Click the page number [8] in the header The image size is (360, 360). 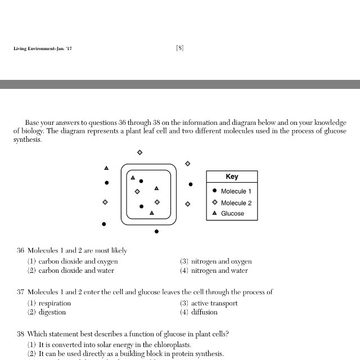(x=179, y=48)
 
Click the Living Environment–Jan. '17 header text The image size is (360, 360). (x=43, y=49)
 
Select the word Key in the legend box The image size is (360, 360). (x=232, y=177)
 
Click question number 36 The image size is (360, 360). (x=20, y=251)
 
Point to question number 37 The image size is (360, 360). (x=20, y=292)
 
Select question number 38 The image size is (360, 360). (x=20, y=334)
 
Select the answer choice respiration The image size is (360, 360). (x=55, y=303)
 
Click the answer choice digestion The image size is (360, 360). (x=52, y=312)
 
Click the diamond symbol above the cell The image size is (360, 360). (x=139, y=152)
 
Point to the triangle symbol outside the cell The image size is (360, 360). (x=106, y=168)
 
